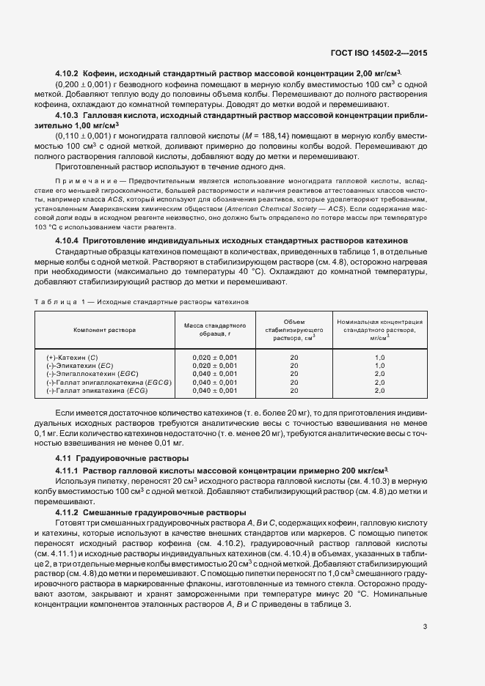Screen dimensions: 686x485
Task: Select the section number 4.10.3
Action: coord(70,116)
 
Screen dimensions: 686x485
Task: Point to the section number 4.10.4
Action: coord(70,241)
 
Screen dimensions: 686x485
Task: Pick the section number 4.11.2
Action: coord(70,511)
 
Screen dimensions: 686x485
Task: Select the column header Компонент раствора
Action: coord(104,330)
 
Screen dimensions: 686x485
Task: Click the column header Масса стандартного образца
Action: coord(214,330)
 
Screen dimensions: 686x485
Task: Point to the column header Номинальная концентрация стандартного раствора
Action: coord(379,330)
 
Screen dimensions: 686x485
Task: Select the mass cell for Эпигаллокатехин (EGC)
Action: coord(214,374)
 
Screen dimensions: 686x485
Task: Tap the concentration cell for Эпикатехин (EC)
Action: coord(379,365)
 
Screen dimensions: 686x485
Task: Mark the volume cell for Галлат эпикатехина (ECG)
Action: coord(293,391)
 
